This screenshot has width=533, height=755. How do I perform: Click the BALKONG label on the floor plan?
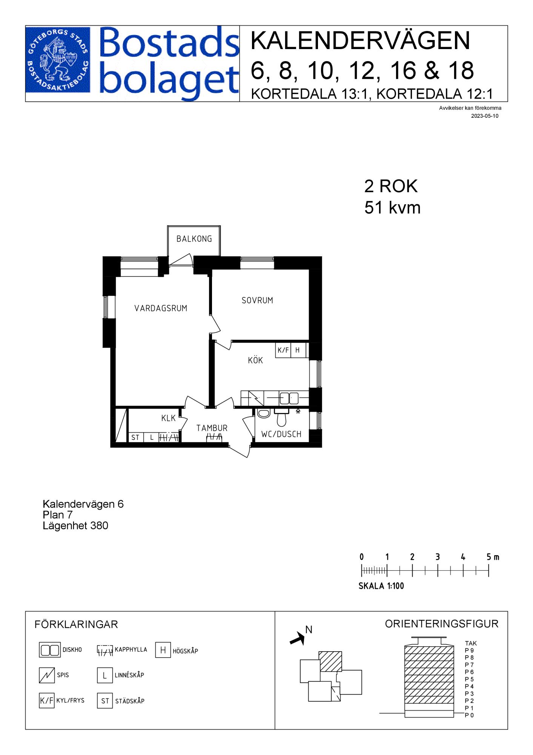(x=194, y=239)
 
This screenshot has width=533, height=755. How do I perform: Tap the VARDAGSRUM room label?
(x=161, y=308)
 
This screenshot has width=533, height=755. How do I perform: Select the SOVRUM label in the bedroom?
(x=257, y=300)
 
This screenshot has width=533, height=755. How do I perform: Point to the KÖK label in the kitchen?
(x=255, y=360)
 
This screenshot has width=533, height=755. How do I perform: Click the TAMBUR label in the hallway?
(x=212, y=428)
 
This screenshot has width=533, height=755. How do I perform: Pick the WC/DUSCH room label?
(x=281, y=434)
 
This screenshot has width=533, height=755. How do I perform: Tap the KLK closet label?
(x=169, y=418)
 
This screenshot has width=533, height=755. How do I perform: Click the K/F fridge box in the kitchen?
(x=283, y=350)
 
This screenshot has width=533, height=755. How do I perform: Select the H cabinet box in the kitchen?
(x=298, y=350)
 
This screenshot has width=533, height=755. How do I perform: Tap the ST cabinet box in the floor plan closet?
(x=135, y=438)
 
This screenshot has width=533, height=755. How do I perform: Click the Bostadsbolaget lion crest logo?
(x=58, y=60)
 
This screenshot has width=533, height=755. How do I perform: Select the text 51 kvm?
(x=392, y=208)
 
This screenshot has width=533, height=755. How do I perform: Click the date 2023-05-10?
(x=485, y=116)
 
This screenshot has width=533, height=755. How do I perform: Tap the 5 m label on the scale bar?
(x=493, y=557)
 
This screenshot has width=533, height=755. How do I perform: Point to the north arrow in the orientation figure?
(x=298, y=638)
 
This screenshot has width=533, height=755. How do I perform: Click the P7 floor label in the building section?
(x=469, y=665)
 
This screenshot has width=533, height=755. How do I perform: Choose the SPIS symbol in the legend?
(x=47, y=675)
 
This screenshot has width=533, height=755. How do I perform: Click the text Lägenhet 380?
(x=75, y=525)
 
